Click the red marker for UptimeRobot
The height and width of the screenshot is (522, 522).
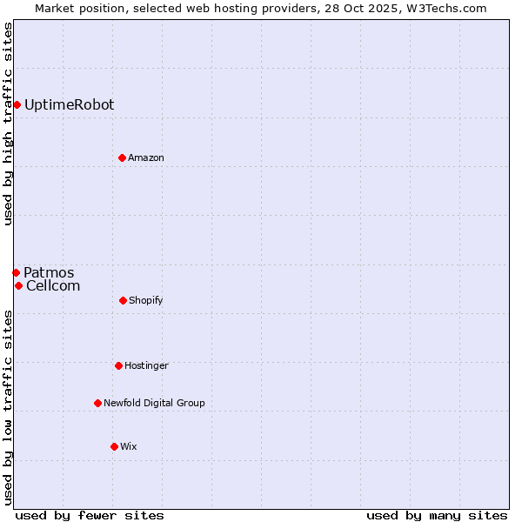coord(17,105)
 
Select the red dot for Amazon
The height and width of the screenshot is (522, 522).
coord(122,157)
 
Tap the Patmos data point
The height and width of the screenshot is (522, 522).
coord(16,273)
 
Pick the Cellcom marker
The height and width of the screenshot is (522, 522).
coord(18,286)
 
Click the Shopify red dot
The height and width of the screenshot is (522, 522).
coord(123,300)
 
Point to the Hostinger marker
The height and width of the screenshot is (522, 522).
coord(118,365)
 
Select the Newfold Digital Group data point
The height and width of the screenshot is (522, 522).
coord(97,403)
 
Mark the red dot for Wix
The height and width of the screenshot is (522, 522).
coord(114,446)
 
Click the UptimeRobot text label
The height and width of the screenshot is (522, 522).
coord(69,105)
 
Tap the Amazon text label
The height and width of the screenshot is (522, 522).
coord(146,157)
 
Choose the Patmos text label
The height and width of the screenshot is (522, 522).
coord(49,273)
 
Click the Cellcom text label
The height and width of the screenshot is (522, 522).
coord(53,286)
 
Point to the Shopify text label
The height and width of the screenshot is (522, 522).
coord(146,300)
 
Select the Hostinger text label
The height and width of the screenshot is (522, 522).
coord(146,365)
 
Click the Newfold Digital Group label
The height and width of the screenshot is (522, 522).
coord(154,403)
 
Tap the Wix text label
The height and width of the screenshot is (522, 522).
coord(129,446)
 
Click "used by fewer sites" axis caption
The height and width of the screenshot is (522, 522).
coord(90,515)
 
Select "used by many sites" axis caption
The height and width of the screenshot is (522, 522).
coord(437,515)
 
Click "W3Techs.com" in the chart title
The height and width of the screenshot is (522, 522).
coord(450,8)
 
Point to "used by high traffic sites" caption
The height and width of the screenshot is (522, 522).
coord(9,124)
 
